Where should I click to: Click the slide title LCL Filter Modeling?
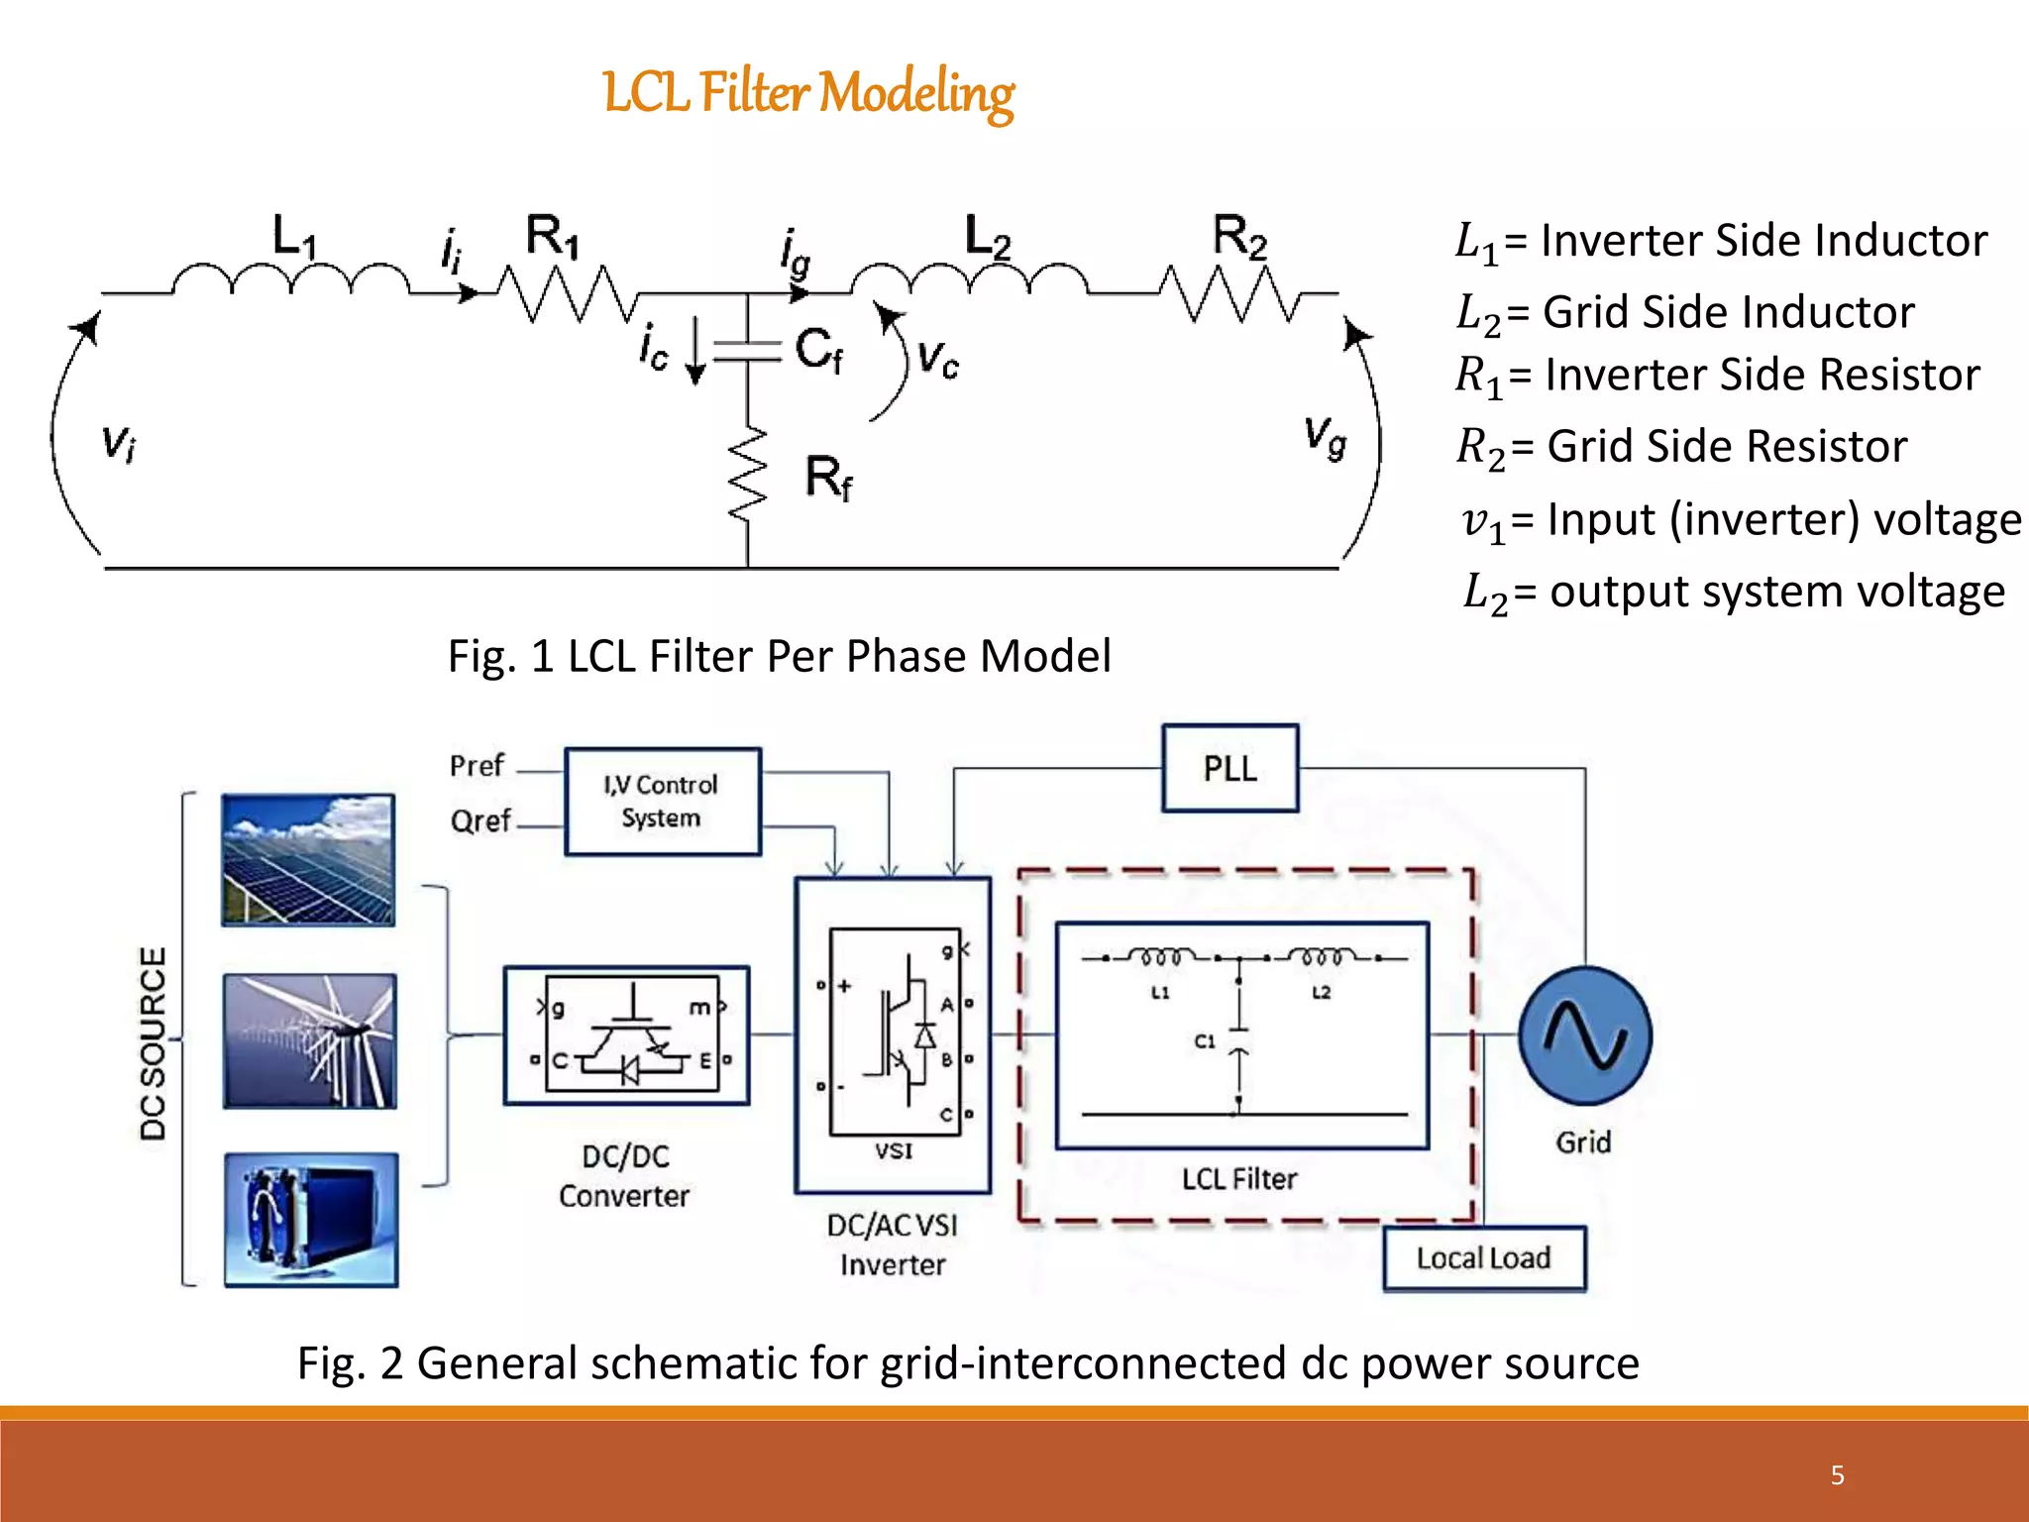pos(808,93)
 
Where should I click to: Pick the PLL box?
pos(1229,769)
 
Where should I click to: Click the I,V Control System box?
pos(662,802)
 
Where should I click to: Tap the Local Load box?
pos(1483,1258)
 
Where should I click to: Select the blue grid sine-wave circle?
pos(1584,1035)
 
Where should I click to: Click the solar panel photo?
pos(308,860)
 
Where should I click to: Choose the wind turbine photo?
pos(309,1040)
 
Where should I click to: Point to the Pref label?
pos(477,766)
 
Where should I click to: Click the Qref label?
pos(481,820)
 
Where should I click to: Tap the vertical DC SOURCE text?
pos(154,1042)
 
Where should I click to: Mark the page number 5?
pos(1837,1475)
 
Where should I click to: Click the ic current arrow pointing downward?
pos(695,351)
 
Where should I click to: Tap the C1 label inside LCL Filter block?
pos(1204,1041)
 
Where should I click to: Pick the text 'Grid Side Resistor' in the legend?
pos(1727,446)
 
